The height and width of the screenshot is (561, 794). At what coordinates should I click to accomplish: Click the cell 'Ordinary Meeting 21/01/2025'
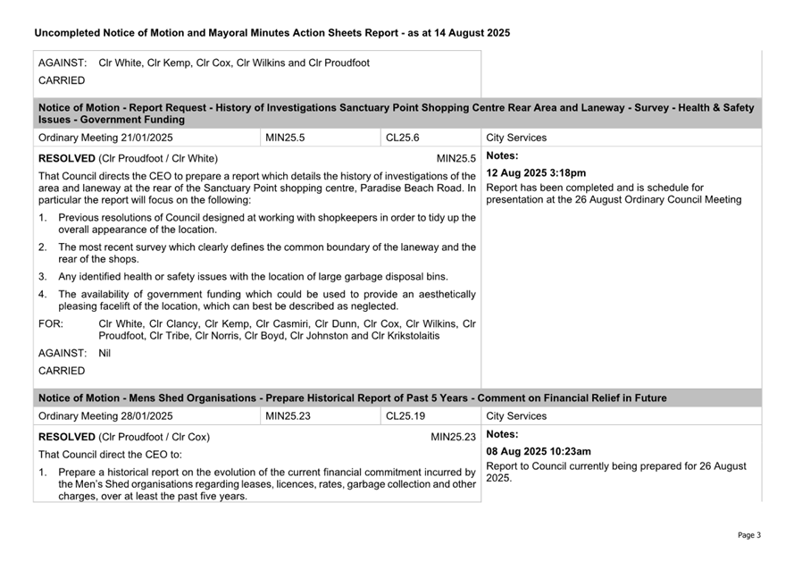pos(105,138)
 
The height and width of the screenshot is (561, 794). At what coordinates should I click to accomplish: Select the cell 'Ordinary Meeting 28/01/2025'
pos(105,416)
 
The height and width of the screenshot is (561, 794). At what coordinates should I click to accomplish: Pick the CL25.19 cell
pos(405,416)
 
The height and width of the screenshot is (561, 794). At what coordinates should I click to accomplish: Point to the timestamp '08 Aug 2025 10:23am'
pos(539,451)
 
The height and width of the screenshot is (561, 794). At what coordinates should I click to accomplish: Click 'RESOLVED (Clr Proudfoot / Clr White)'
pos(128,158)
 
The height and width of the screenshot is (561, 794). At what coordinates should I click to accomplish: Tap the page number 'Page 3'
pos(748,535)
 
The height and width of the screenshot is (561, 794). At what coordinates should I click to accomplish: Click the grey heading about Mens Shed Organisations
pos(352,398)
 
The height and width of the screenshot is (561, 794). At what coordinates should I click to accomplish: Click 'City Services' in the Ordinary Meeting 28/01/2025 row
pos(516,416)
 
